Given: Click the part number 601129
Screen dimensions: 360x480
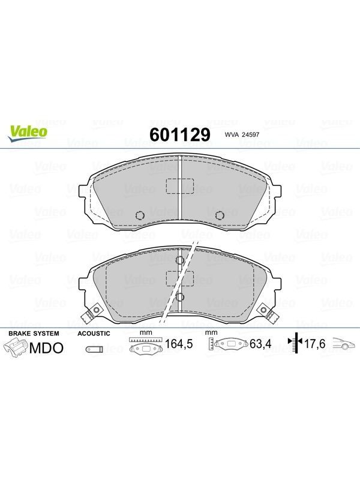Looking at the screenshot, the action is pyautogui.click(x=180, y=134).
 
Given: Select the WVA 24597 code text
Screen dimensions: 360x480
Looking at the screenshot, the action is pyautogui.click(x=242, y=134).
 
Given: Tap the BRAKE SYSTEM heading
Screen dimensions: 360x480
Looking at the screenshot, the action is pyautogui.click(x=34, y=334).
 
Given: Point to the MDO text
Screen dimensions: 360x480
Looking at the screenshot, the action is pyautogui.click(x=47, y=348).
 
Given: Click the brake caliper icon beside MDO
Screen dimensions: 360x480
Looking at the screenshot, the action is pyautogui.click(x=16, y=349).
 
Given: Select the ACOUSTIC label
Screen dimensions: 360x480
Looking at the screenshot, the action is pyautogui.click(x=94, y=334).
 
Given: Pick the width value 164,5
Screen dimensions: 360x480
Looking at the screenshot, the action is pyautogui.click(x=179, y=344).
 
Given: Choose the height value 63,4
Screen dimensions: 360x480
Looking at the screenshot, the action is pyautogui.click(x=260, y=344).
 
